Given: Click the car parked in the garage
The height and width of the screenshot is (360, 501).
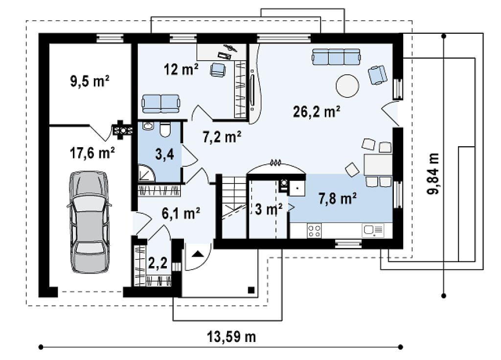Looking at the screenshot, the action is point(89,222).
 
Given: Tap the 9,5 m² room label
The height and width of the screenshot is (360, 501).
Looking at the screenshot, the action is point(90,81).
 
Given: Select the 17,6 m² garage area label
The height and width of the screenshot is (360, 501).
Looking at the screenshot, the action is point(92,153).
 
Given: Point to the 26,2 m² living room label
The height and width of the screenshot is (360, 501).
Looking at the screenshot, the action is point(317,112).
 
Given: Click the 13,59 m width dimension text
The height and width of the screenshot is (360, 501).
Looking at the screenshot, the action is point(231,337).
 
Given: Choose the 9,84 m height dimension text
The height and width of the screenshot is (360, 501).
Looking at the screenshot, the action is point(433,174).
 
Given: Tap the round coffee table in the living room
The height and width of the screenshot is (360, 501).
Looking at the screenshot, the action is point(347,86).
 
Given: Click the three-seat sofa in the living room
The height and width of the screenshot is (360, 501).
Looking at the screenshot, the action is point(337,57).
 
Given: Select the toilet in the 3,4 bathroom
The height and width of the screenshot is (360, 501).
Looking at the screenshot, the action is point(165,129).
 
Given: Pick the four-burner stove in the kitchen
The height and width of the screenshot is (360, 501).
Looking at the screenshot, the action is point(314,231).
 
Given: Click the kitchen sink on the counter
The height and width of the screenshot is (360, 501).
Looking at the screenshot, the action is point(373,230).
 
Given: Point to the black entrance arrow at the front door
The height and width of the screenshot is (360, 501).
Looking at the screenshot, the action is point(198,254).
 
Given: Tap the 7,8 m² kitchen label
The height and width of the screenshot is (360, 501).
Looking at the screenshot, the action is point(338,199).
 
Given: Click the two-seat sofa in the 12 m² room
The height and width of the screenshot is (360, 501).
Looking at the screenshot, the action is point(161,104).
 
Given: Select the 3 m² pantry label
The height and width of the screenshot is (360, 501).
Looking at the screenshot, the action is point(269,209).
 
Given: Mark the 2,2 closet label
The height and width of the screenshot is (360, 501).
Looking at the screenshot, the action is point(158,263).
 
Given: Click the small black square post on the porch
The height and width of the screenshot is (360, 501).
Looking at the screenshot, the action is point(251,290).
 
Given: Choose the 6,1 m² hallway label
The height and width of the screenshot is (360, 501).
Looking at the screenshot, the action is point(181,213).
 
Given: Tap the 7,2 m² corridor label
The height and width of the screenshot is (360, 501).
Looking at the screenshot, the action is point(222,137).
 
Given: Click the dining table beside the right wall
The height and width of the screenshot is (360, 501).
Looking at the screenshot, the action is point(378,165).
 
